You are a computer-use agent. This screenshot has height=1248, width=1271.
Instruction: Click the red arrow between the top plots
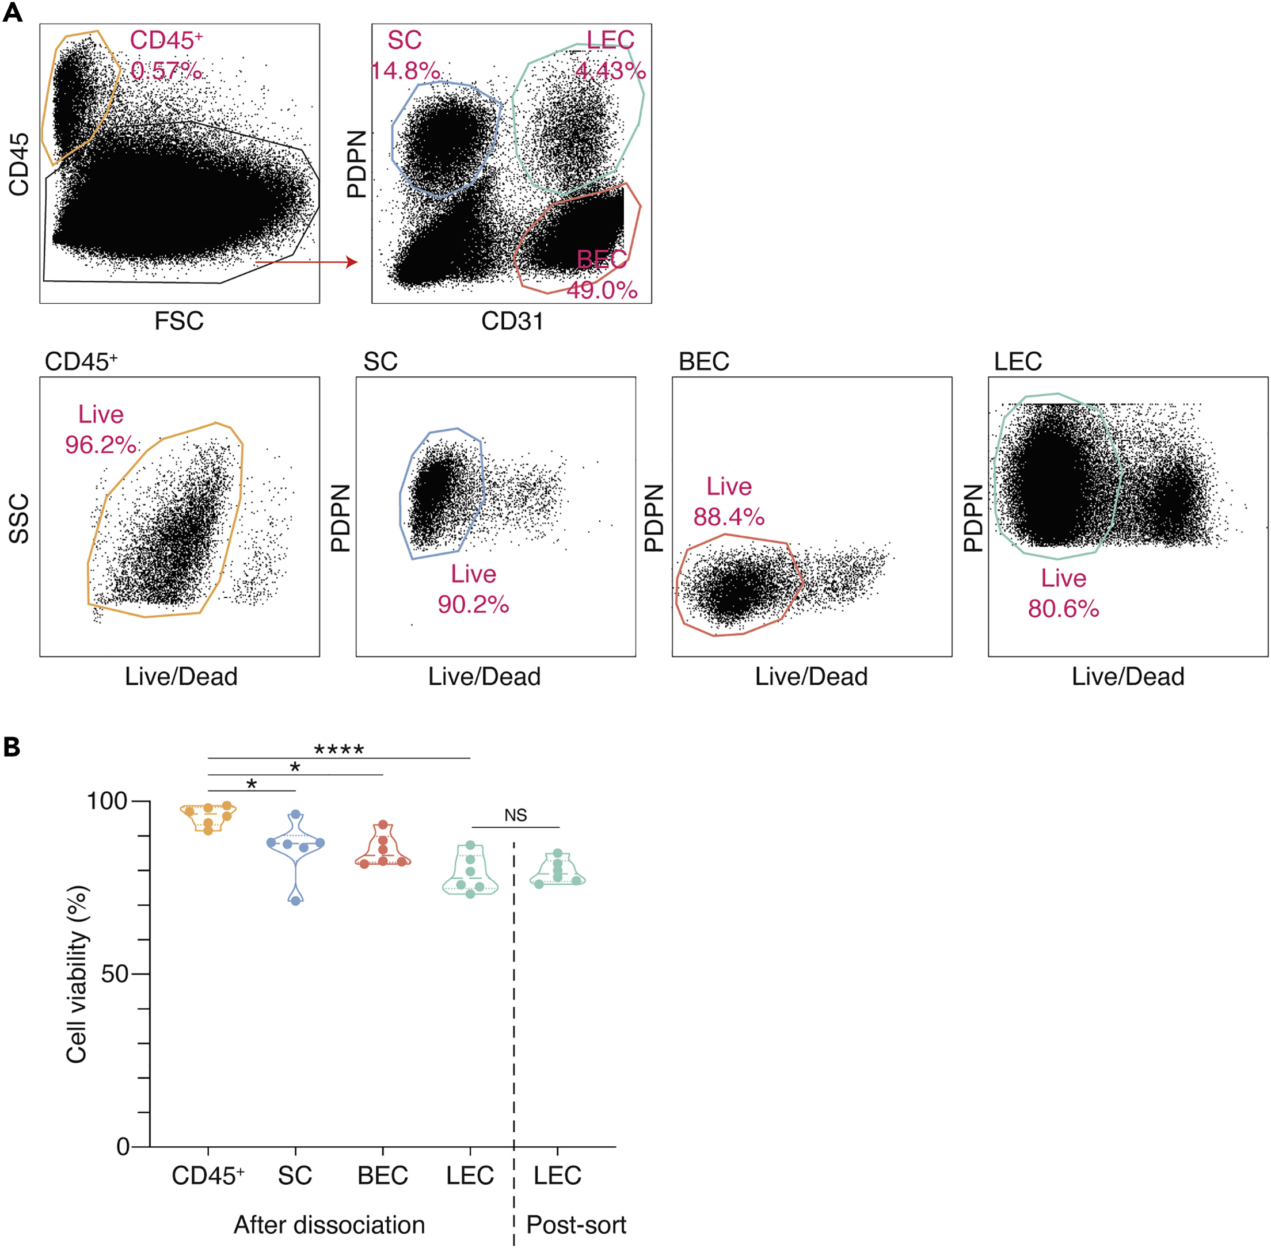(306, 262)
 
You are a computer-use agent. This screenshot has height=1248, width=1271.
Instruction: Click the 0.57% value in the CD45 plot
(166, 70)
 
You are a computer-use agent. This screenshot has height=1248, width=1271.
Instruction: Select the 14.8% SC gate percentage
(405, 70)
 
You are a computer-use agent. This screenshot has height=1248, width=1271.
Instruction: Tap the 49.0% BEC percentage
(602, 290)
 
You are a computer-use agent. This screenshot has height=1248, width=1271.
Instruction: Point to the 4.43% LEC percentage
(610, 70)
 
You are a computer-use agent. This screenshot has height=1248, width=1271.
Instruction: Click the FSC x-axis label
(179, 321)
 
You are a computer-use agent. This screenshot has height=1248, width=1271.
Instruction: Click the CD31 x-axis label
(512, 321)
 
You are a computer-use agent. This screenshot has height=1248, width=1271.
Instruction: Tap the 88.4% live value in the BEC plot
(729, 517)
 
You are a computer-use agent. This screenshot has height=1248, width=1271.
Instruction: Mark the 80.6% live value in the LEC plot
(1063, 608)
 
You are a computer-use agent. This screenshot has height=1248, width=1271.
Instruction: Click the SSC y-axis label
(20, 518)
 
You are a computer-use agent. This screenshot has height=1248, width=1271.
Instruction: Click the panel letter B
(12, 747)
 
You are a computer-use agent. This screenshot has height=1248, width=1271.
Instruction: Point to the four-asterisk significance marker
(338, 749)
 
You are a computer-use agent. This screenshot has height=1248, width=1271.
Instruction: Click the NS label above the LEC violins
(516, 815)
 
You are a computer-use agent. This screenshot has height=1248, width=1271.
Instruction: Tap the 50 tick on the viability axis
(114, 974)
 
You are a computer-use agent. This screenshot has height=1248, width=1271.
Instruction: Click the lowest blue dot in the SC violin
(296, 900)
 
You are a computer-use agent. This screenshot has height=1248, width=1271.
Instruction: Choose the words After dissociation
(329, 1224)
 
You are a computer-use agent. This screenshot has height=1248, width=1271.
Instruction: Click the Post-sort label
(576, 1224)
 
